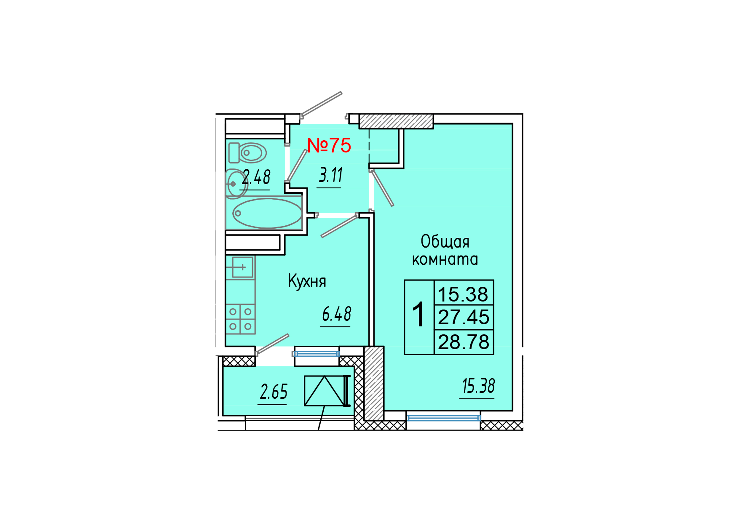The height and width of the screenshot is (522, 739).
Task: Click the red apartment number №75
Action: pos(329,145)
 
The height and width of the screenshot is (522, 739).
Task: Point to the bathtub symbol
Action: pos(267,213)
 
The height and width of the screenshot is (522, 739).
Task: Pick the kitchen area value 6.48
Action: pos(336,314)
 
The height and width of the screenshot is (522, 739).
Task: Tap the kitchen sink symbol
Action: pos(242,267)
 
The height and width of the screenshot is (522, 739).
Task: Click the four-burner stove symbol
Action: pos(240,319)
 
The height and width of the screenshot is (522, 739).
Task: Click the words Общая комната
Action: pos(445,250)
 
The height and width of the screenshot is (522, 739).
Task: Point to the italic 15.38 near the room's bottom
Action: pos(478,386)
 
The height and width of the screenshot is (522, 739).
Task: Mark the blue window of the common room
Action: pos(444,418)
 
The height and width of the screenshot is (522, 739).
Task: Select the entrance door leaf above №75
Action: pos(321,104)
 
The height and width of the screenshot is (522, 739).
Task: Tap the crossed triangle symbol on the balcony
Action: pos(324,391)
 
